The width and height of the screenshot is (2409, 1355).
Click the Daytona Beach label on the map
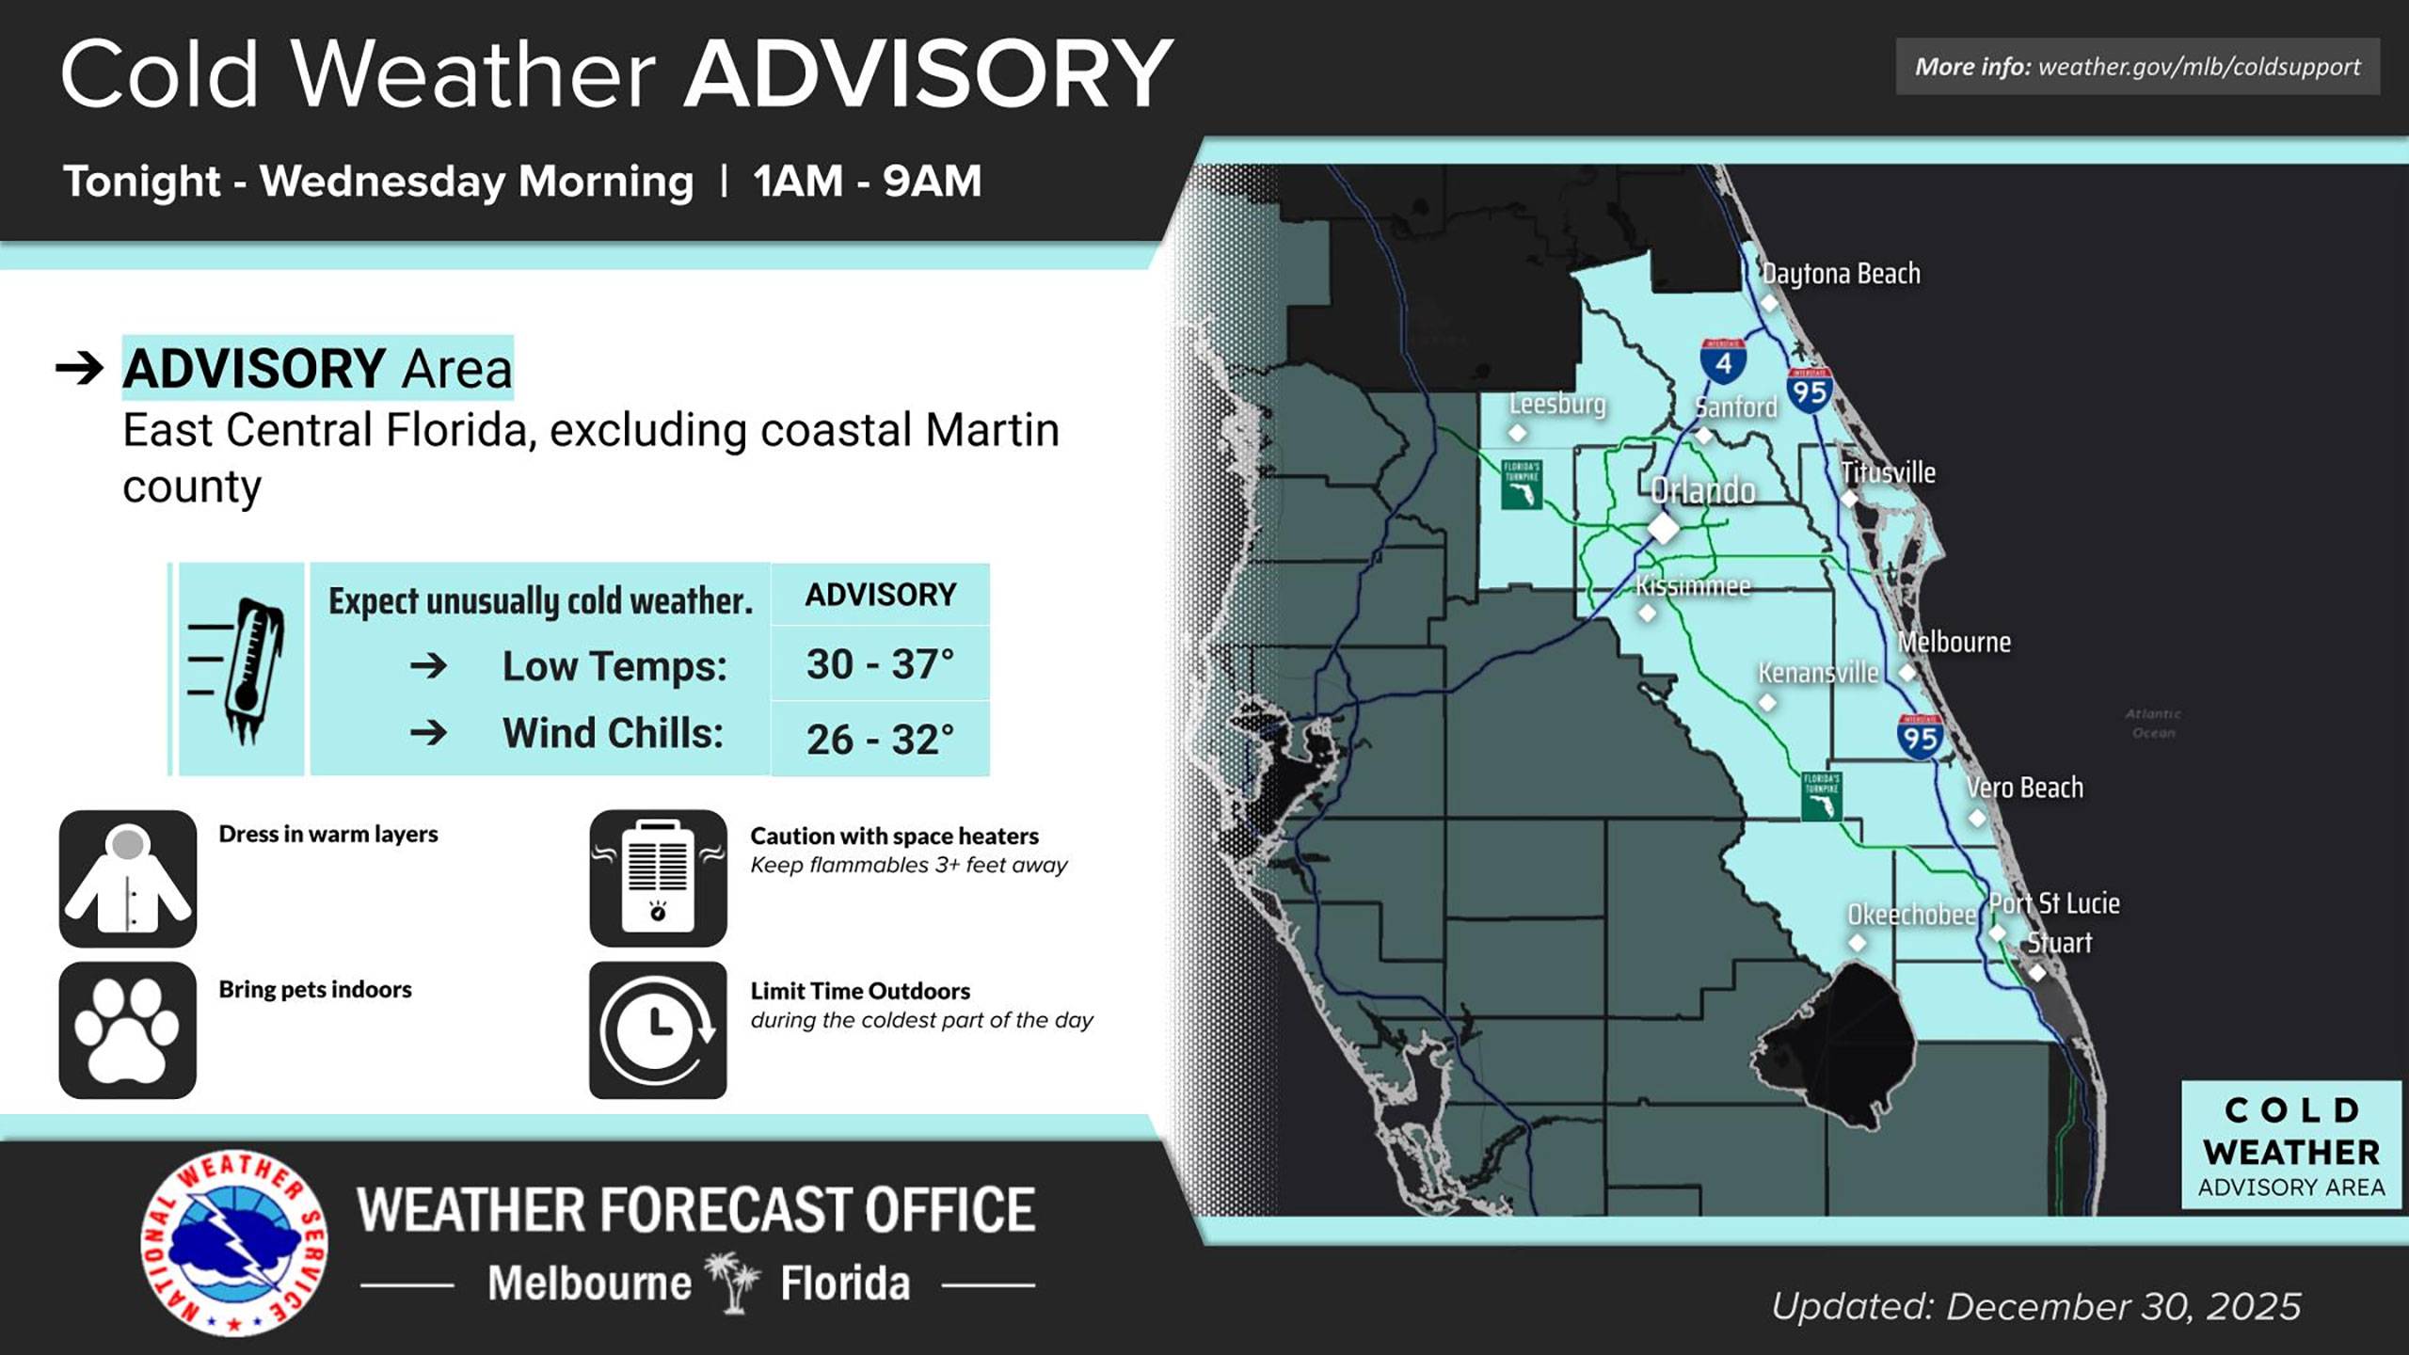click(1841, 274)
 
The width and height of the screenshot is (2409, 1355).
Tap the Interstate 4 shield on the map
click(1723, 361)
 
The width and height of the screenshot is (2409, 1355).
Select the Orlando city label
click(1702, 490)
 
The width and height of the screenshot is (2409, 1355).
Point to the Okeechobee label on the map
click(1911, 915)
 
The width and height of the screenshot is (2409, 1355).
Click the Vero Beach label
click(2024, 788)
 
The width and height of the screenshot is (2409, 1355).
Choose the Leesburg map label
click(1557, 404)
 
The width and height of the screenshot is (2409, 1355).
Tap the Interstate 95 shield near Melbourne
click(1920, 737)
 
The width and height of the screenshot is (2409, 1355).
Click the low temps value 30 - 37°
click(880, 664)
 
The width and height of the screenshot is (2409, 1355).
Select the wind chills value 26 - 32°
click(880, 740)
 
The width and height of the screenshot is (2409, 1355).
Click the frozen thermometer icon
click(241, 670)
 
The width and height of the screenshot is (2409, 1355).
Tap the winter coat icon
click(128, 879)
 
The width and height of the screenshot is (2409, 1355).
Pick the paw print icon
click(128, 1030)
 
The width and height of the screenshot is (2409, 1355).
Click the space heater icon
click(658, 879)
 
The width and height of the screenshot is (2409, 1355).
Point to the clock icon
click(658, 1030)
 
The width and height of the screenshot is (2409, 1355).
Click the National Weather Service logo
click(234, 1242)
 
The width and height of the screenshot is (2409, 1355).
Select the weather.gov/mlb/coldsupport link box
click(2137, 67)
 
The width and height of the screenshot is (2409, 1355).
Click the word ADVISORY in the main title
click(928, 75)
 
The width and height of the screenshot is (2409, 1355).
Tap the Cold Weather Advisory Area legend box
click(2290, 1145)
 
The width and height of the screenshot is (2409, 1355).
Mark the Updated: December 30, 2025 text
click(2035, 1307)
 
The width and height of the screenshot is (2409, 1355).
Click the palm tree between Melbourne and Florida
click(734, 1282)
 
